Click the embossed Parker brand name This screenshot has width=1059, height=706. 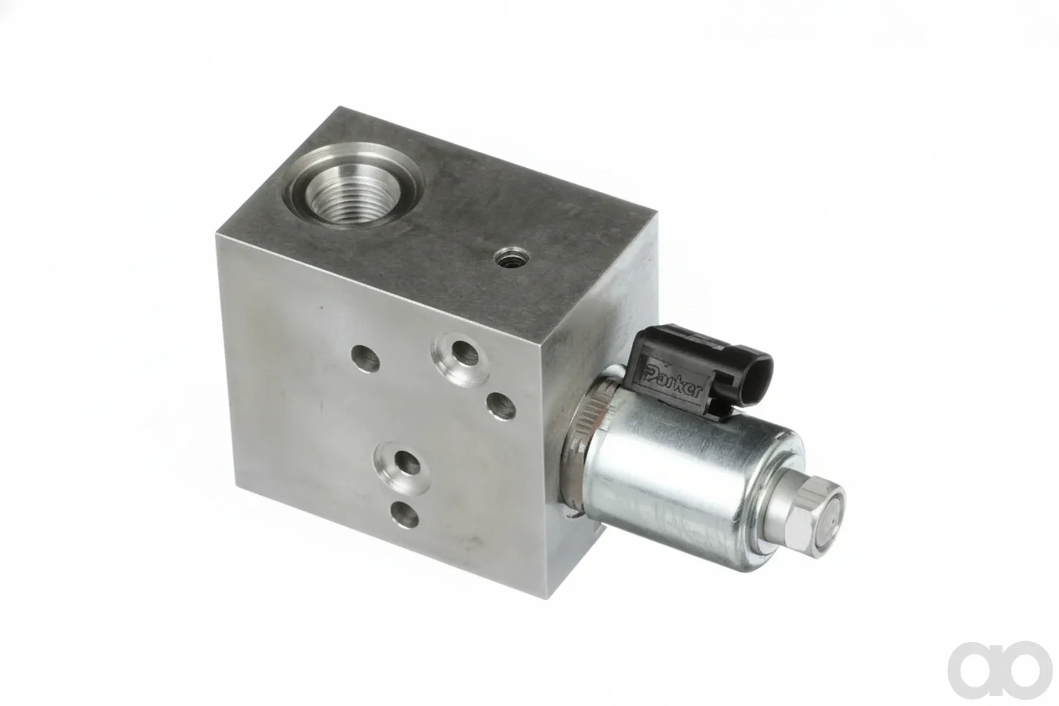(674, 382)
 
